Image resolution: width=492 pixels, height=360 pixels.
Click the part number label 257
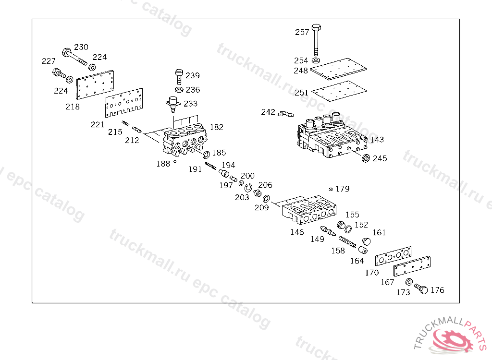click(302, 32)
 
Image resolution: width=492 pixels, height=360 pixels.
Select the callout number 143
click(377, 140)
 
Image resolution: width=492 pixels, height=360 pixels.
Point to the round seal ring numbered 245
click(365, 158)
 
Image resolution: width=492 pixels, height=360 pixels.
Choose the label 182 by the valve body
click(216, 127)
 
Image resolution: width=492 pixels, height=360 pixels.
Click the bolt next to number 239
click(179, 76)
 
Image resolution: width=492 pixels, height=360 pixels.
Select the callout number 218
click(73, 107)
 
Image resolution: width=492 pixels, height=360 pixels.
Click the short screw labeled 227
click(57, 74)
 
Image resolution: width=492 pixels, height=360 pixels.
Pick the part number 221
click(98, 125)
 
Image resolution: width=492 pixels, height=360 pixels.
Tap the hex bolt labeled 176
click(421, 289)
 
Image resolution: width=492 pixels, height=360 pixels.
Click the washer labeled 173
click(409, 282)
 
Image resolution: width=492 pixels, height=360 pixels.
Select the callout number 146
click(297, 232)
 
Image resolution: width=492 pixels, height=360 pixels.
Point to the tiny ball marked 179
click(331, 189)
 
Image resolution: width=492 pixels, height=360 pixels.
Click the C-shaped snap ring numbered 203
click(248, 188)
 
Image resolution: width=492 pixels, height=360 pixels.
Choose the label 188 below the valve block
click(163, 164)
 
